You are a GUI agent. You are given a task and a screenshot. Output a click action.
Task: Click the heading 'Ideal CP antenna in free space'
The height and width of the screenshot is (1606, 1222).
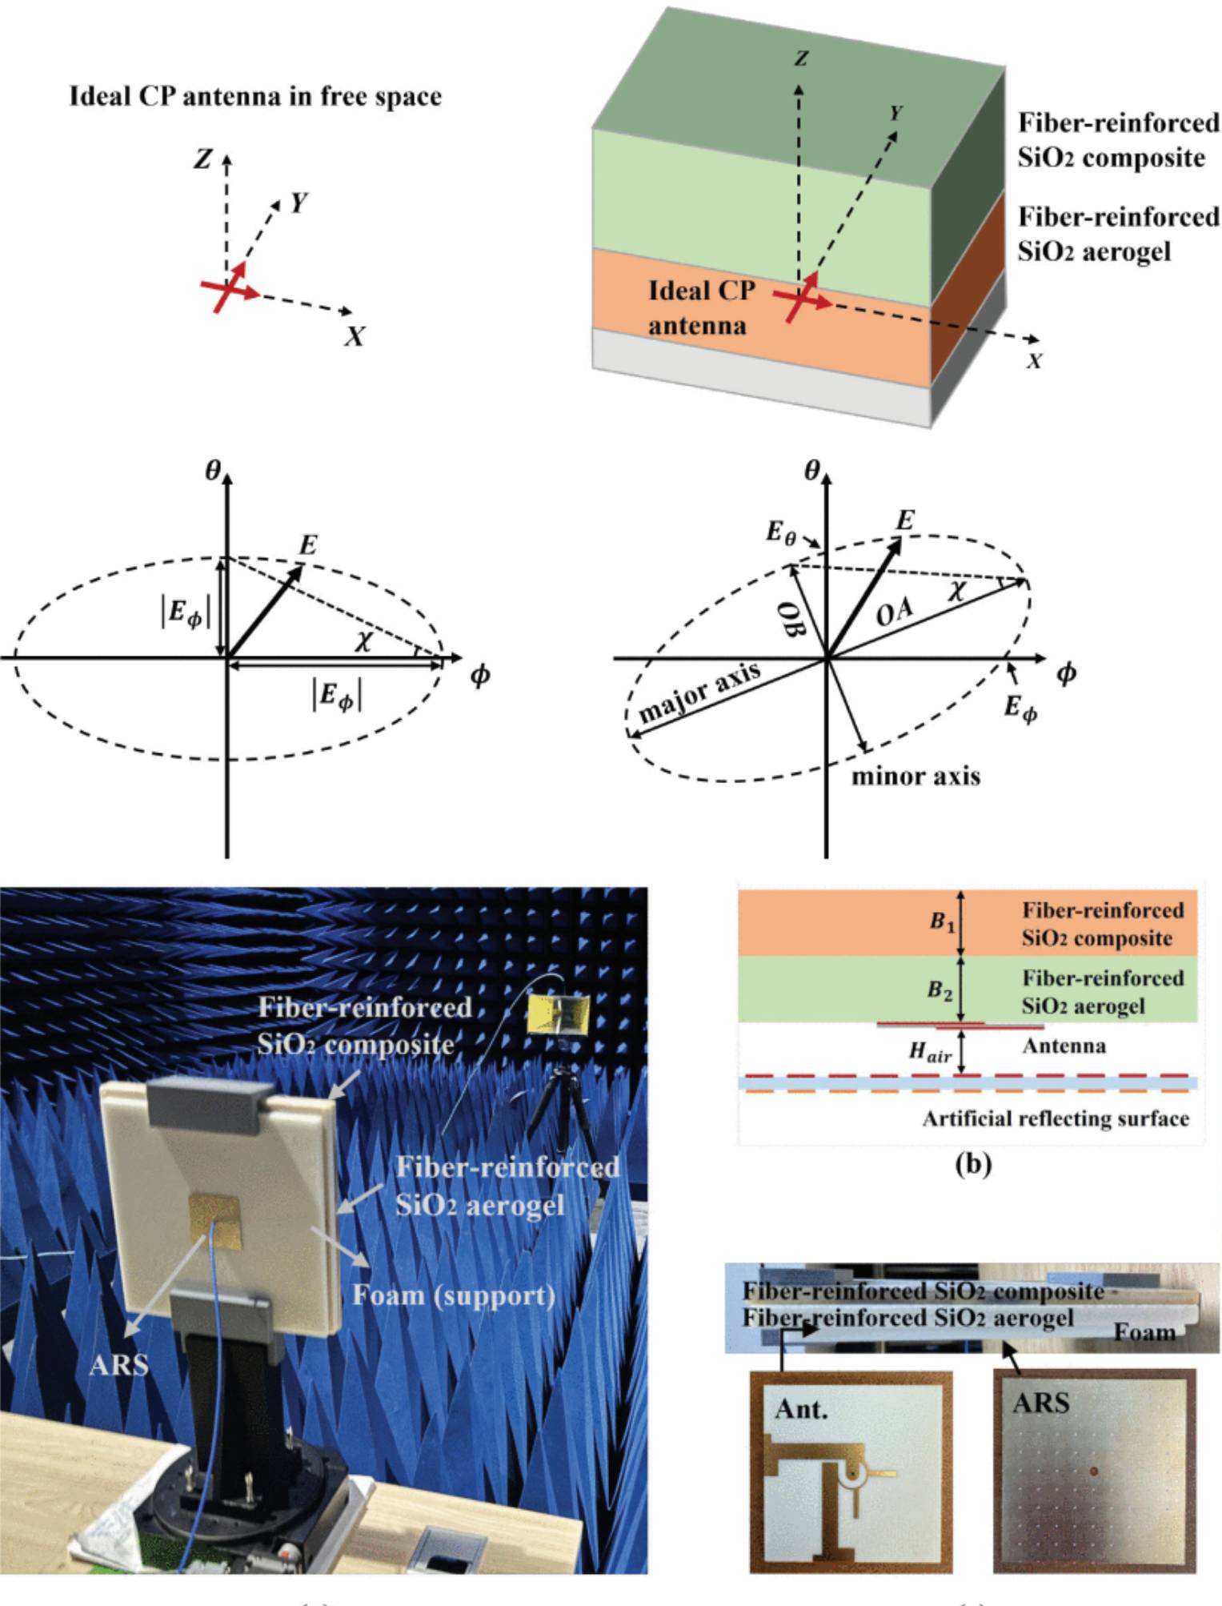[255, 97]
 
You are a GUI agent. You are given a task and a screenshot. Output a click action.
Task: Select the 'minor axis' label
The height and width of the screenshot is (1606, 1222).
[915, 776]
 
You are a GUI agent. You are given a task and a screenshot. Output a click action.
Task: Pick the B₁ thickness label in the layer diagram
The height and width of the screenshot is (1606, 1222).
[941, 921]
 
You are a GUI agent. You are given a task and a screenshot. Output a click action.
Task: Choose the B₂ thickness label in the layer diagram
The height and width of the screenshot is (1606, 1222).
[940, 990]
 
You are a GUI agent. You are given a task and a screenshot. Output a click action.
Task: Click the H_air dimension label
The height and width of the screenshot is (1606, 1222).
[930, 1052]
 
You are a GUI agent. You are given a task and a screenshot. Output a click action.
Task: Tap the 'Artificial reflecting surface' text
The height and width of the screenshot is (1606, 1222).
[1055, 1118]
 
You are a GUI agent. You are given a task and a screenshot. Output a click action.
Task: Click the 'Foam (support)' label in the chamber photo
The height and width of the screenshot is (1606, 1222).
[454, 1294]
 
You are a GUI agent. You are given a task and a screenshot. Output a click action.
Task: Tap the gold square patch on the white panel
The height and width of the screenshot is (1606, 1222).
[214, 1220]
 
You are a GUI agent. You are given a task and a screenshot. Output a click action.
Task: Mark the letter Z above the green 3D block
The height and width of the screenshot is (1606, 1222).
[799, 58]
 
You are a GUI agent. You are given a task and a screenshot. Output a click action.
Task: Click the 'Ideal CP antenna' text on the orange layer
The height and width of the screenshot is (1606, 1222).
[701, 307]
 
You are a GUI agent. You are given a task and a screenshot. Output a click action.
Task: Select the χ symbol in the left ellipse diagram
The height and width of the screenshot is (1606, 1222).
[364, 640]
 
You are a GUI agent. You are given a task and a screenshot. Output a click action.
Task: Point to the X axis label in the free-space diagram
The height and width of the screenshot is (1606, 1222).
[355, 337]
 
